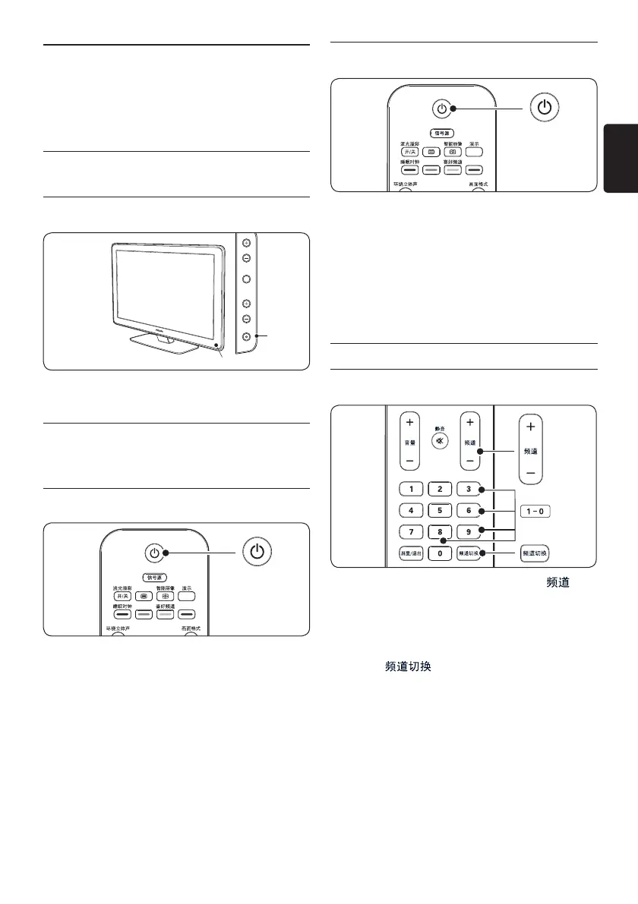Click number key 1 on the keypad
pos(410,489)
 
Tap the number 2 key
pos(440,489)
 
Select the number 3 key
pos(469,489)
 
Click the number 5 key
pos(440,510)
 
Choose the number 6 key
pos(469,510)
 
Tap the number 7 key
pos(410,531)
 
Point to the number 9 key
pos(469,531)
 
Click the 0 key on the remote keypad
pos(440,553)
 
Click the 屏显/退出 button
pos(410,553)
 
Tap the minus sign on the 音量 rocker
pos(409,460)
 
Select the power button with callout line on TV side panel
pos(247,336)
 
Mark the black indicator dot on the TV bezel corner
pos(217,346)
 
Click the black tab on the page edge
pos(621,159)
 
